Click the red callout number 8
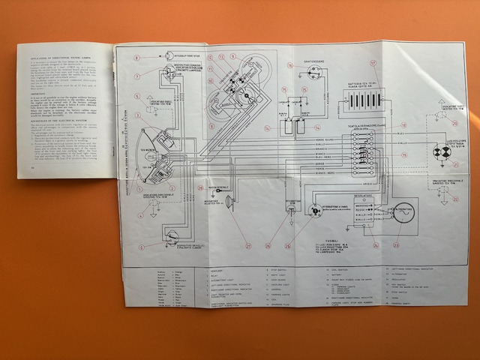click(138, 58)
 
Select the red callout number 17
click(373, 62)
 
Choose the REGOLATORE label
click(365, 193)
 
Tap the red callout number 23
click(396, 245)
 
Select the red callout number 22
click(454, 199)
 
